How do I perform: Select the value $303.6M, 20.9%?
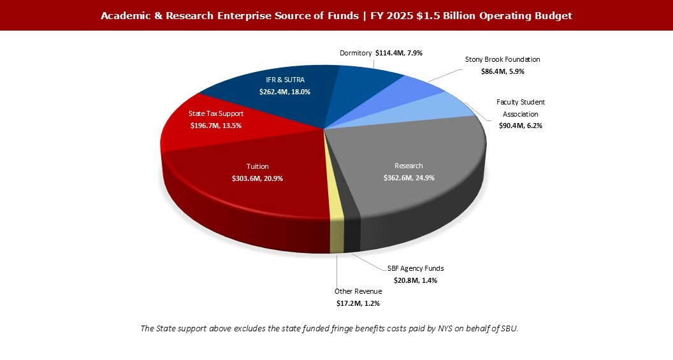(257, 178)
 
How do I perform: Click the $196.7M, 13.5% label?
(216, 126)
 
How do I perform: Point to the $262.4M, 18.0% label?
(284, 92)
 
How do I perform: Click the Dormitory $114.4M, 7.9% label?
(381, 53)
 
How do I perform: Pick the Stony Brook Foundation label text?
(502, 59)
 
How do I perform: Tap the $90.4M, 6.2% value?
(521, 126)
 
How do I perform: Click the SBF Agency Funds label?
(416, 268)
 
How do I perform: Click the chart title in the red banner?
(336, 16)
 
